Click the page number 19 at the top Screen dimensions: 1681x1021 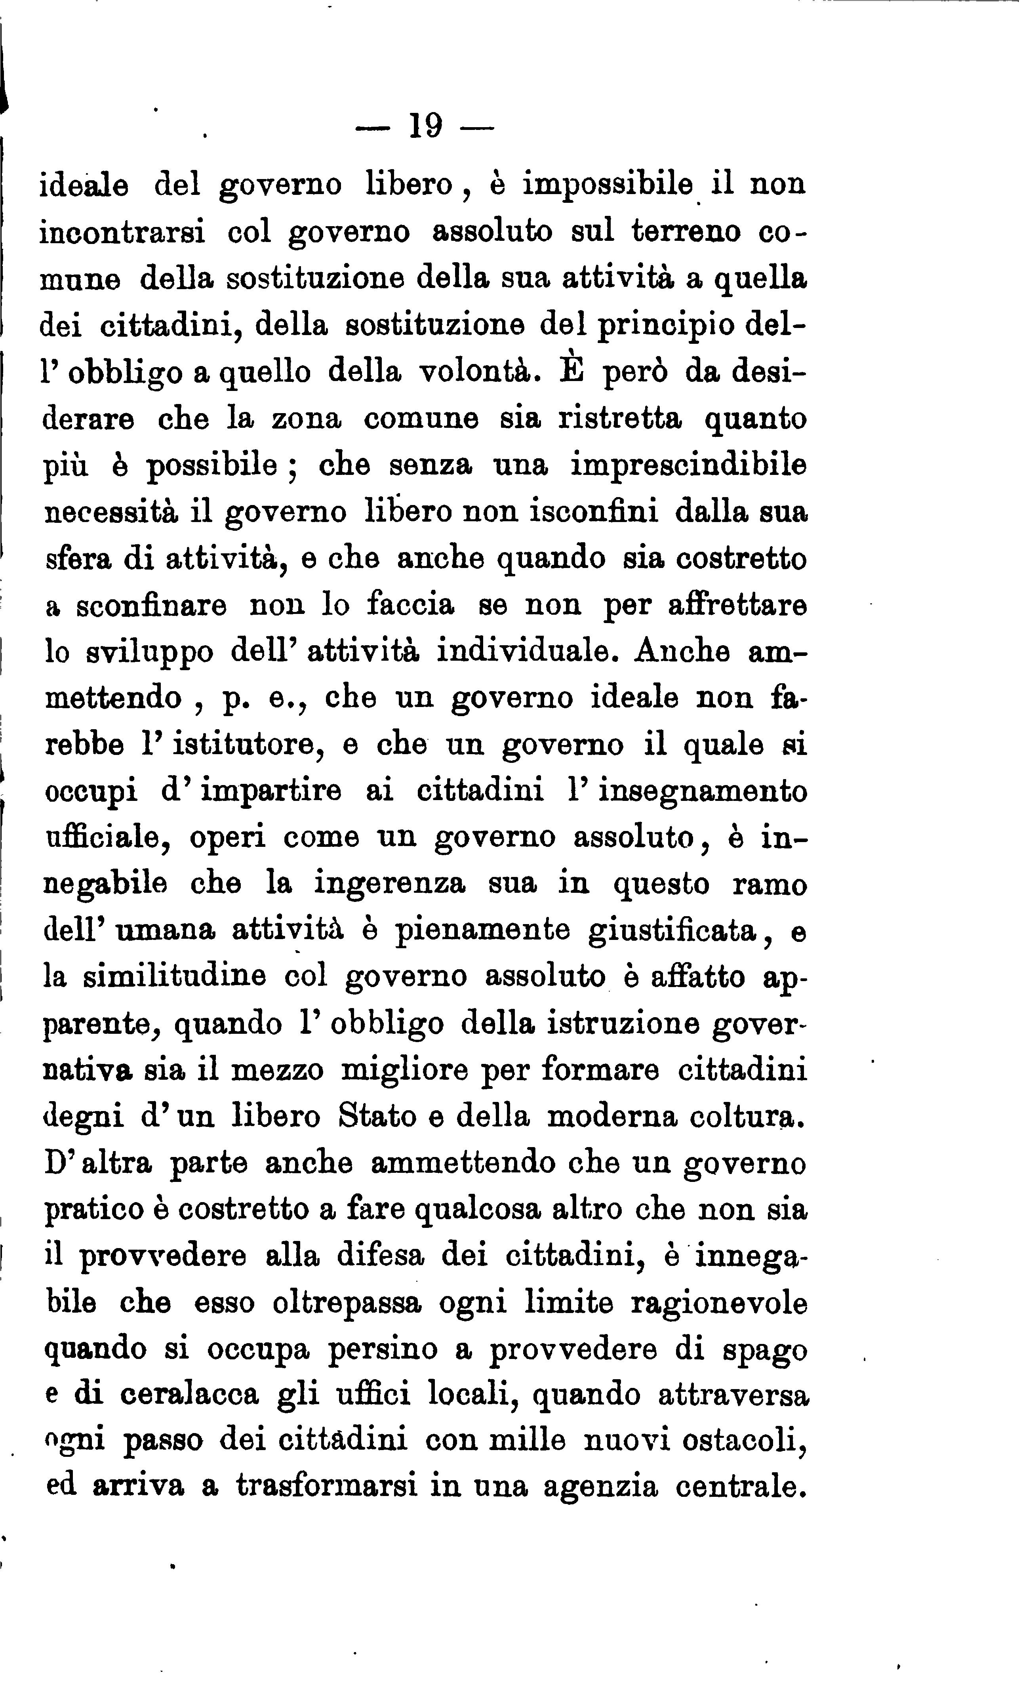(426, 126)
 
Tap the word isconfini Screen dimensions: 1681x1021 (561, 512)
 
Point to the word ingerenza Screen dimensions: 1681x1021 (390, 884)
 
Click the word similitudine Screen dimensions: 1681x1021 (174, 976)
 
